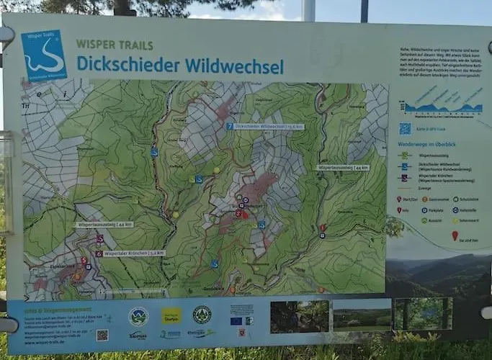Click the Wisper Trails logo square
[x=43, y=55]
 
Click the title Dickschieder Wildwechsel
[x=179, y=66]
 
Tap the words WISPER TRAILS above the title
[x=114, y=44]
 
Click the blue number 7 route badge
[x=229, y=126]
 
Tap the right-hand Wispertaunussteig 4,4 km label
[x=342, y=167]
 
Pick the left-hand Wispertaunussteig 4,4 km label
[x=105, y=225]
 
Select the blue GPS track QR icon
[x=405, y=128]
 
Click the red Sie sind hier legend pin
[x=455, y=235]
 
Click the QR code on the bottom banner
[x=102, y=335]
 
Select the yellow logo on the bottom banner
[x=171, y=315]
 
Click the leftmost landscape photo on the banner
[x=299, y=316]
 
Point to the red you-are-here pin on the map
[x=245, y=214]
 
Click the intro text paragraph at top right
[x=439, y=65]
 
